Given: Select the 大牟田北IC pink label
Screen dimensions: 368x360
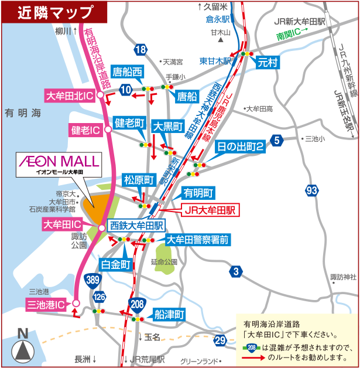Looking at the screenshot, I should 70,95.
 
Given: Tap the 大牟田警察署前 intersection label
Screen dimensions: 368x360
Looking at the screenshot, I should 197,239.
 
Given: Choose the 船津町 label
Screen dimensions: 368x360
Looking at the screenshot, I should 170,314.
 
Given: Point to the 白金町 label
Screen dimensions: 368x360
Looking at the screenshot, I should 115,265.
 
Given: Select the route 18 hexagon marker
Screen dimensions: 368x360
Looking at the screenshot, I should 139,50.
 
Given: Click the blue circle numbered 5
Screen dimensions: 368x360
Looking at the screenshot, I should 277,140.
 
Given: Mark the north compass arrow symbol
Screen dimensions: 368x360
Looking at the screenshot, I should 22,350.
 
